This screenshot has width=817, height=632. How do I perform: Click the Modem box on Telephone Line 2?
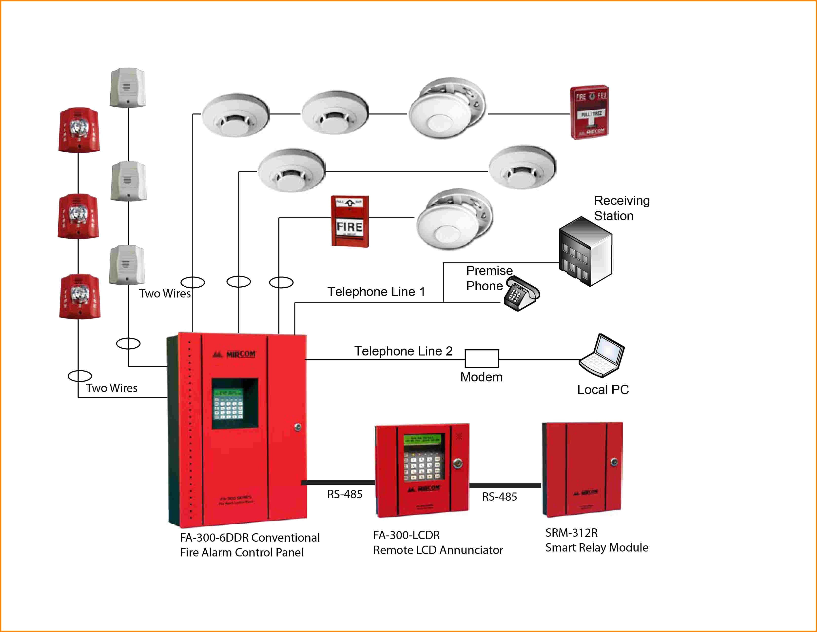pyautogui.click(x=482, y=359)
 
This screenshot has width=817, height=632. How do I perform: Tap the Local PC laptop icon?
pyautogui.click(x=602, y=355)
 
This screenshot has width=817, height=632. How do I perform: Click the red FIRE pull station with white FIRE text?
pyautogui.click(x=350, y=221)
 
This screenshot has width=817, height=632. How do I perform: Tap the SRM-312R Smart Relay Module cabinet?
pyautogui.click(x=582, y=469)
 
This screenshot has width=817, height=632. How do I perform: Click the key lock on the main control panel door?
pyautogui.click(x=298, y=427)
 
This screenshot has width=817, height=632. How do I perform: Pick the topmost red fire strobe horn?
pyautogui.click(x=79, y=130)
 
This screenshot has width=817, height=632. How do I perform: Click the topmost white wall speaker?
pyautogui.click(x=128, y=87)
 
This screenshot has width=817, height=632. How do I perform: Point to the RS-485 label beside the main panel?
pyautogui.click(x=345, y=494)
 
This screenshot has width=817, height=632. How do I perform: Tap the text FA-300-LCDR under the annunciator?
pyautogui.click(x=406, y=535)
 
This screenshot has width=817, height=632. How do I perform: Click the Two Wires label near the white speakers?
pyautogui.click(x=165, y=293)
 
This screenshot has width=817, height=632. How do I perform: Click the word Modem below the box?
pyautogui.click(x=481, y=377)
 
